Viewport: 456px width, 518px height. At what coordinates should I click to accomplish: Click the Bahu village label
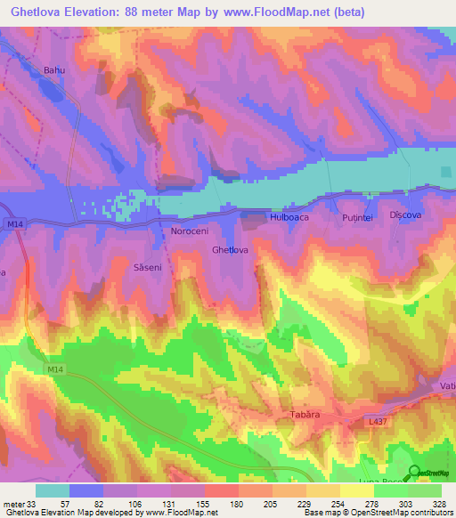click(x=55, y=69)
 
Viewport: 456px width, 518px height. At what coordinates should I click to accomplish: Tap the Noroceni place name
click(x=189, y=231)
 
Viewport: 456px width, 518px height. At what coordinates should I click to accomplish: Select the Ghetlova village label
click(x=230, y=250)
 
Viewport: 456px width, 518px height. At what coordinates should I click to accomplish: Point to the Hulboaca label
click(x=289, y=216)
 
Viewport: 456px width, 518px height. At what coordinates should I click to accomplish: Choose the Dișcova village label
click(x=406, y=215)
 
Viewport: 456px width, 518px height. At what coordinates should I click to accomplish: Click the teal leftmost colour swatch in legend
click(x=53, y=490)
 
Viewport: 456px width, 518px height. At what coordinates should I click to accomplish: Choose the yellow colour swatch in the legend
click(x=356, y=490)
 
